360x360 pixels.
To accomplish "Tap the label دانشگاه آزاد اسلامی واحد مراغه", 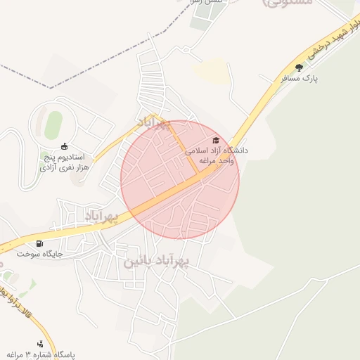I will tap(217, 155).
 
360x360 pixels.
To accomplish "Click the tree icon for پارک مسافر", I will tap(300, 67).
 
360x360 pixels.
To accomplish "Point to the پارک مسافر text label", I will tap(300, 79).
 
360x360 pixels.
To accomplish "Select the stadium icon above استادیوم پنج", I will tap(65, 146).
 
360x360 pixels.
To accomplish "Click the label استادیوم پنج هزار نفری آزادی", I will tap(62, 162).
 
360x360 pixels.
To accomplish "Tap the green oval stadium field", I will tap(53, 125).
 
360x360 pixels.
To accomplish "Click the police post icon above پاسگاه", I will tap(40, 344).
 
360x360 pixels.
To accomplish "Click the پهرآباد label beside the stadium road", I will tap(153, 122).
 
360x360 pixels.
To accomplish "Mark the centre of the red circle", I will tap(180, 179).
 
